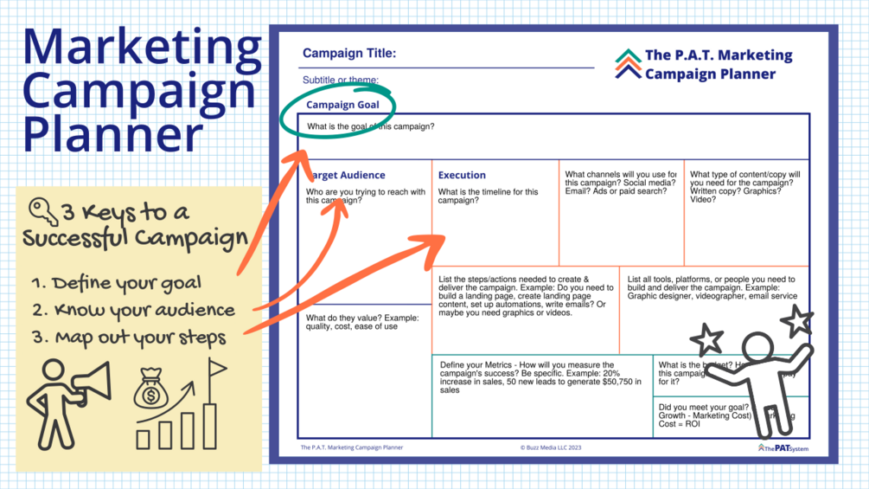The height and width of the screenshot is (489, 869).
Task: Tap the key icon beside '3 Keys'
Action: tap(42, 211)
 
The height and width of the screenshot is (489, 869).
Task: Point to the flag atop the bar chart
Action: tap(218, 370)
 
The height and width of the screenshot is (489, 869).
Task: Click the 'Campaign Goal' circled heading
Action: tap(342, 105)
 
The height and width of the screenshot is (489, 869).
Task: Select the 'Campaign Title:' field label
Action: tap(349, 54)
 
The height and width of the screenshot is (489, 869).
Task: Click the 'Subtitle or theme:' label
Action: tap(341, 80)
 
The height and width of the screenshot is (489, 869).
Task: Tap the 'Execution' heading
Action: tap(462, 175)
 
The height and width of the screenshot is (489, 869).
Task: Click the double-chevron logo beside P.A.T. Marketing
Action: tap(628, 64)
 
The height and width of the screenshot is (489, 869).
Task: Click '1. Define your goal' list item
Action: tap(115, 283)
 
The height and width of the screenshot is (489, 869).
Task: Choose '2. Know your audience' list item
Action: tap(132, 310)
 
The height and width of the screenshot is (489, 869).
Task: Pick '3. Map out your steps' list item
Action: tap(129, 337)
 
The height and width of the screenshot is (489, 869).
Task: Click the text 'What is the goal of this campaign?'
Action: tap(371, 127)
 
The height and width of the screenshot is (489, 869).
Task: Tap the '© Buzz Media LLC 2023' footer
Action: tap(551, 447)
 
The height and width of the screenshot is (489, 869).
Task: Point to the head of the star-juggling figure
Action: tap(758, 347)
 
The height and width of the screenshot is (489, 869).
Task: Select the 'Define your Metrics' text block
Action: tap(540, 377)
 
